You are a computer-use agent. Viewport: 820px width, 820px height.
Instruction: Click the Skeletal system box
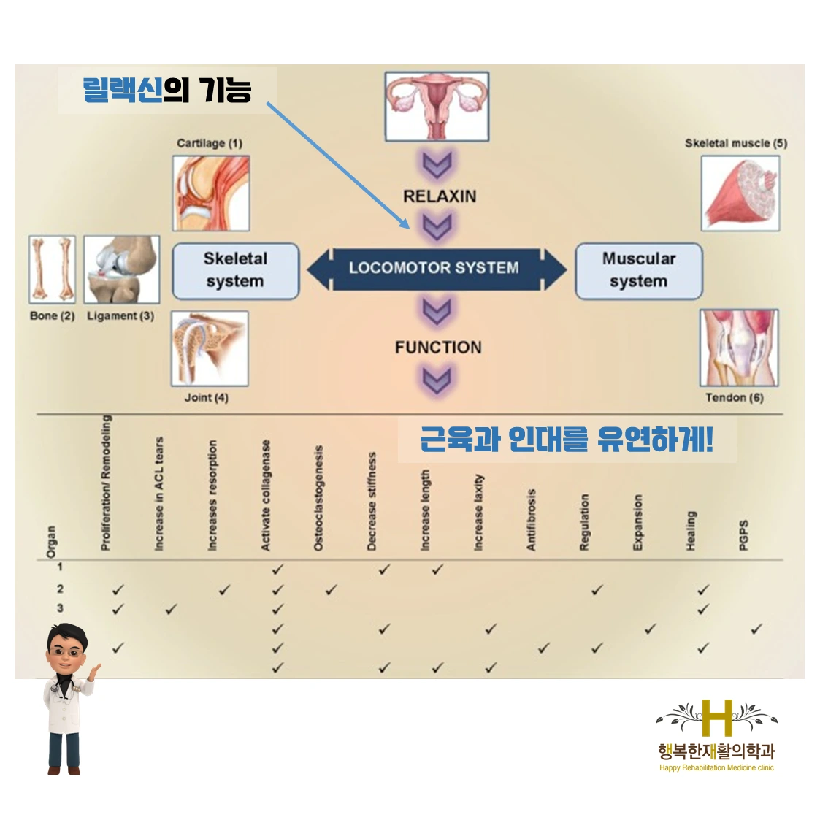(235, 271)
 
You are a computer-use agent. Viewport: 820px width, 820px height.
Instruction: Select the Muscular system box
(638, 271)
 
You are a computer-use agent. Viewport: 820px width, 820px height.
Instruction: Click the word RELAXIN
(440, 196)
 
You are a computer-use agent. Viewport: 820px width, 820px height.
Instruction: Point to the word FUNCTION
(438, 348)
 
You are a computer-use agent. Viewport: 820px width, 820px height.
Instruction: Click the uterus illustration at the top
(437, 106)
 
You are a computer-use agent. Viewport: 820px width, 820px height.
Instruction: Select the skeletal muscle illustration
(739, 193)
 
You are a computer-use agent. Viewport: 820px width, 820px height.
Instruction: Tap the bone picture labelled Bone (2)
(52, 269)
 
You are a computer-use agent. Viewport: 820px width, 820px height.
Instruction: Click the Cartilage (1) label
(210, 143)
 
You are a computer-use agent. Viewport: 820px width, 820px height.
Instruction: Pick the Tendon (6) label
(734, 398)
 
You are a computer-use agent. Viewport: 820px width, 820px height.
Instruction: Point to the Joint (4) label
(206, 398)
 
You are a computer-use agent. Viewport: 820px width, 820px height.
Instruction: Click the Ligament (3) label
(120, 316)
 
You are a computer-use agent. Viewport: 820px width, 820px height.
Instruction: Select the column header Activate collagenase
(266, 495)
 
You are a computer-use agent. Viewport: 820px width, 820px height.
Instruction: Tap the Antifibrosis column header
(531, 520)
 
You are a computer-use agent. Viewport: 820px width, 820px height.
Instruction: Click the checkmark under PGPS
(756, 629)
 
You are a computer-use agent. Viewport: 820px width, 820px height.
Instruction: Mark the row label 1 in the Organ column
(60, 567)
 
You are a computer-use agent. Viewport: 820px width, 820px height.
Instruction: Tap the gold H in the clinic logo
(716, 717)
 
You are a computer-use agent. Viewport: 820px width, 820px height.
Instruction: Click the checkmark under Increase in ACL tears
(171, 609)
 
